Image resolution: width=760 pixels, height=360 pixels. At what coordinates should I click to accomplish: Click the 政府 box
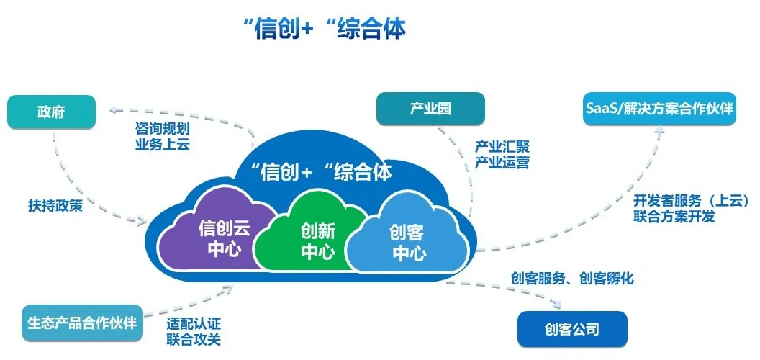51,113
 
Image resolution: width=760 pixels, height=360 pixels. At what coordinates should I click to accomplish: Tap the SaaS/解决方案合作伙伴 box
657,109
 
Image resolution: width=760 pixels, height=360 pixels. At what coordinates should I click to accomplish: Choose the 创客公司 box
572,330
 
